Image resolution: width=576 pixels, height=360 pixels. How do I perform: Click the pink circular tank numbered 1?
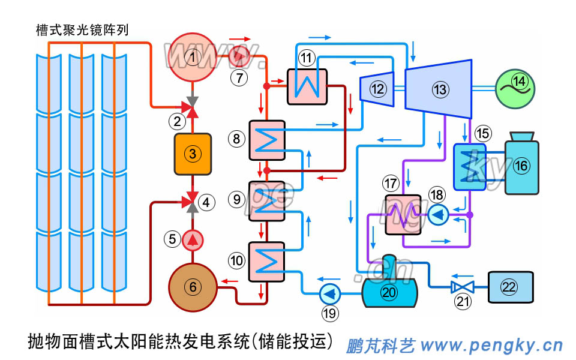(x=193, y=58)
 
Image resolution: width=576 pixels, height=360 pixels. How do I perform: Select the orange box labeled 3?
(x=192, y=154)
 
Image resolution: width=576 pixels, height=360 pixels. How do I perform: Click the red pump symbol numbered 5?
(x=193, y=240)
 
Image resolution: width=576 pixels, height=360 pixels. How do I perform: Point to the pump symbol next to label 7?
(x=241, y=56)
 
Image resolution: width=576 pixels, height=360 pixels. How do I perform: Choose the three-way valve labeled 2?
(x=193, y=109)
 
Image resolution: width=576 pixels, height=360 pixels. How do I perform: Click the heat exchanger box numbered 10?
(x=266, y=261)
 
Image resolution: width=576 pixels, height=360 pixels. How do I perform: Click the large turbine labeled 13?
(x=440, y=89)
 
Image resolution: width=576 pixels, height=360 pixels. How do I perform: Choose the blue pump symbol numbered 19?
(x=329, y=294)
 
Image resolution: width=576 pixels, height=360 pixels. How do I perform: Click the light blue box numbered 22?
(x=509, y=286)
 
